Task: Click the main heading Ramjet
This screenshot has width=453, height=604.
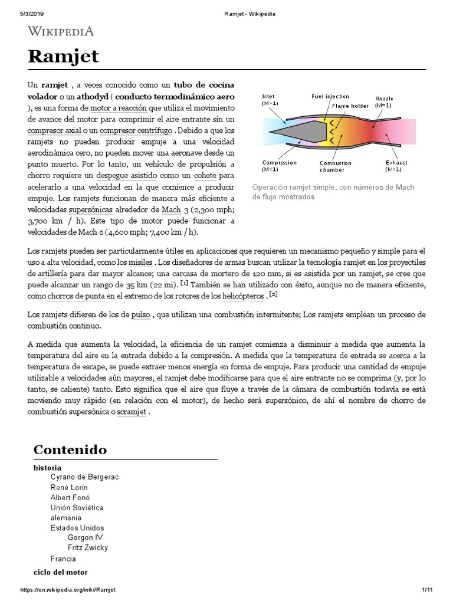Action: coord(63,57)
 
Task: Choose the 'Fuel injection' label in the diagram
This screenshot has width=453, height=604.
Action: coord(330,96)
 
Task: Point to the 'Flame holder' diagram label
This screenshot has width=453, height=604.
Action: coord(350,106)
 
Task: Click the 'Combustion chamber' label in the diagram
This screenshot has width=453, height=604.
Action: coord(336,166)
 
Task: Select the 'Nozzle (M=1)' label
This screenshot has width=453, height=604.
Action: coord(384,101)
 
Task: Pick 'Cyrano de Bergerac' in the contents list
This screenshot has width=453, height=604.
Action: coord(84,477)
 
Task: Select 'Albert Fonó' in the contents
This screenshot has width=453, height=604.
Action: coord(70,497)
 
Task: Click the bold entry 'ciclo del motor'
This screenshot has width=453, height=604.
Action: coord(60,572)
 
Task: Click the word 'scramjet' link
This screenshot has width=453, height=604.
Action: coord(133,412)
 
